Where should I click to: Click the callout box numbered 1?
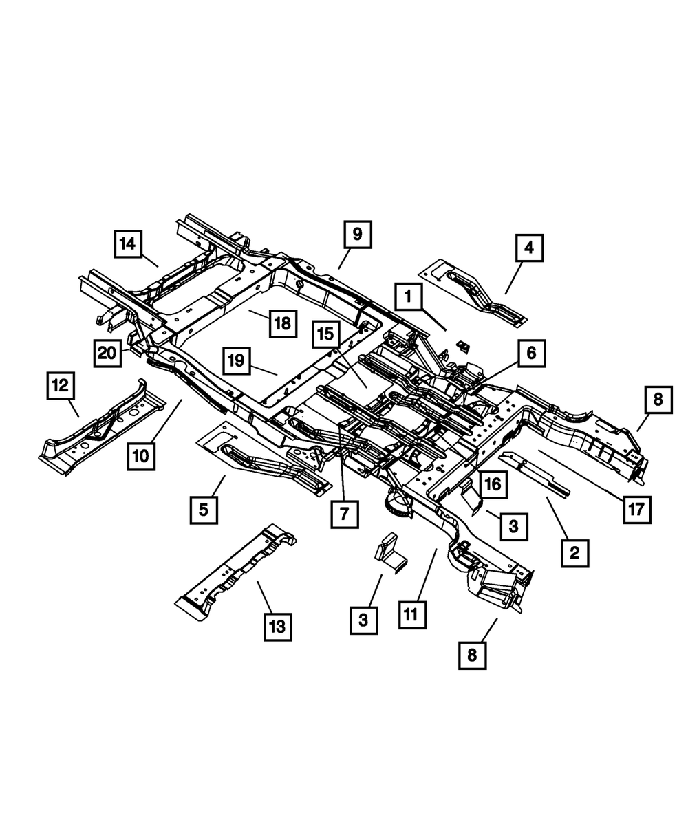[x=409, y=299]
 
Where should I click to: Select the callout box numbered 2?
[x=575, y=552]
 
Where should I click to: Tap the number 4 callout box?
[x=529, y=248]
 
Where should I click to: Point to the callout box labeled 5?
[x=204, y=510]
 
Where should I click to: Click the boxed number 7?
[x=344, y=513]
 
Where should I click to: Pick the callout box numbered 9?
[x=357, y=235]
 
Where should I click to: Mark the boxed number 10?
[x=140, y=456]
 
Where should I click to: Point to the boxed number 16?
[x=493, y=485]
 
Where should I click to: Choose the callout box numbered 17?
[x=637, y=510]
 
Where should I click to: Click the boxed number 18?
[x=282, y=322]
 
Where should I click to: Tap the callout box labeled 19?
[x=236, y=360]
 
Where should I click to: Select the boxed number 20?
[x=107, y=354]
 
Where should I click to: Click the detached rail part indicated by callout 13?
[x=234, y=571]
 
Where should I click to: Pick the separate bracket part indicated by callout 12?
[x=103, y=430]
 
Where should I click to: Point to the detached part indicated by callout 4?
[x=475, y=292]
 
